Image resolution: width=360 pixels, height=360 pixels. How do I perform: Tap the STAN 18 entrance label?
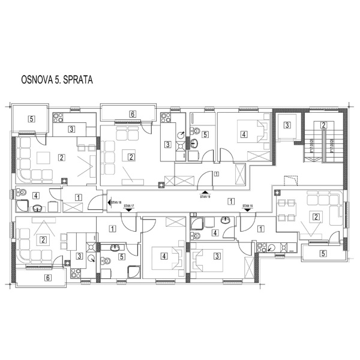tap(116, 202)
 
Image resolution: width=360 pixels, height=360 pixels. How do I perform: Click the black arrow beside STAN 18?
tap(109, 202)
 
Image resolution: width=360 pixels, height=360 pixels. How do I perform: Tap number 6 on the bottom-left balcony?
tap(47, 278)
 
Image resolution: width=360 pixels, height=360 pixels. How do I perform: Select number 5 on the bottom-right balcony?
tap(323, 253)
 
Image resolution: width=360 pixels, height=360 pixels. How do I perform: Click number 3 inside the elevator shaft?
tap(287, 125)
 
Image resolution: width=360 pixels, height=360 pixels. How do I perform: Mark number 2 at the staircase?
tap(323, 125)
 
